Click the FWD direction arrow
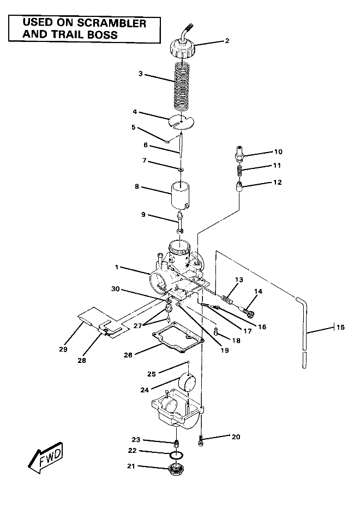(45, 457)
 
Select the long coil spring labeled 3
(183, 84)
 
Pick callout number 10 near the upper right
(278, 152)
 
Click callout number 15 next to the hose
(340, 328)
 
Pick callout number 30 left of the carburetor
(115, 288)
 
